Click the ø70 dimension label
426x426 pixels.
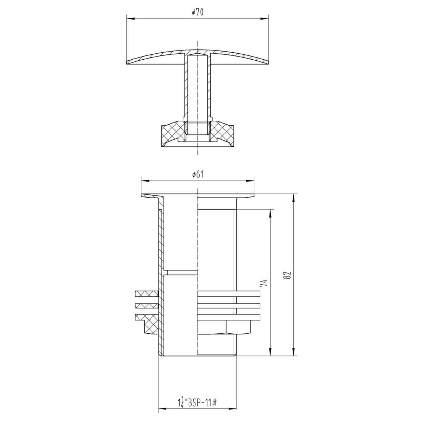click(198, 12)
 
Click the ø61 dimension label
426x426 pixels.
click(198, 174)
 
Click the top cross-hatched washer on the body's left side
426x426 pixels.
click(146, 294)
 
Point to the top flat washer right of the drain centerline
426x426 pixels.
click(228, 294)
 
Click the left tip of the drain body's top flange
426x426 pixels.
click(142, 195)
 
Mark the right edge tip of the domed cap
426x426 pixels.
click(268, 64)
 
